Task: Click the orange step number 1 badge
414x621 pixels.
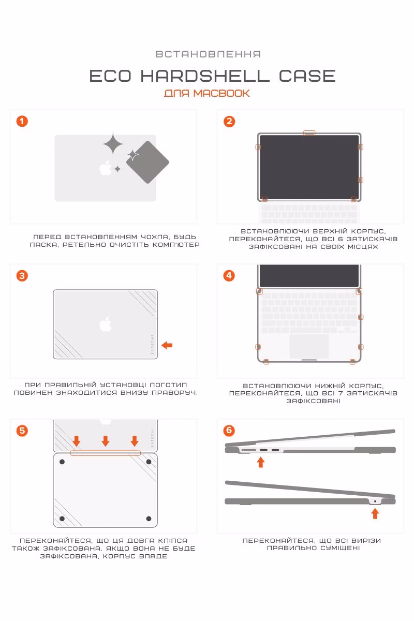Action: tap(22, 122)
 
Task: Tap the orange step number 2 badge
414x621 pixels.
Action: tap(229, 122)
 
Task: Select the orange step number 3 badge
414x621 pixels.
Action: tap(22, 276)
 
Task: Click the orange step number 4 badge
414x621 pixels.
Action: tap(229, 276)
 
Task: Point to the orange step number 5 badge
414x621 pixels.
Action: tap(22, 431)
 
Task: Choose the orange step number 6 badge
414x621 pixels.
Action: tap(229, 431)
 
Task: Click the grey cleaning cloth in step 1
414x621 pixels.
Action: tap(148, 162)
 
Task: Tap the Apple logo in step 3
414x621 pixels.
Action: tap(106, 324)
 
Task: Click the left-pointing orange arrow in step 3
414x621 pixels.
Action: tap(167, 345)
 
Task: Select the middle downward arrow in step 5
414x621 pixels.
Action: tap(106, 441)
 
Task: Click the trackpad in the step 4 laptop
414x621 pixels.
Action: tap(309, 346)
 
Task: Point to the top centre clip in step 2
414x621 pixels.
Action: tap(309, 133)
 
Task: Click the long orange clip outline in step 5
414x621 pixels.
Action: tap(106, 453)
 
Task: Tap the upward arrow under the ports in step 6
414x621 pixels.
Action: tap(261, 462)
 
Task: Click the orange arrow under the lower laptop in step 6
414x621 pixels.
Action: tap(375, 513)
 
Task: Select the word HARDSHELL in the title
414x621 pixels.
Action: tap(205, 76)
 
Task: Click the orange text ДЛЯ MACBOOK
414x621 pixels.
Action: tap(207, 93)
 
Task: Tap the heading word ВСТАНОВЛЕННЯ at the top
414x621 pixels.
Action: tap(208, 54)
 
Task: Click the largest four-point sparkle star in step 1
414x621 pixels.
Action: tap(113, 144)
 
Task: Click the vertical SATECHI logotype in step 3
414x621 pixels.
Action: tap(152, 344)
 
